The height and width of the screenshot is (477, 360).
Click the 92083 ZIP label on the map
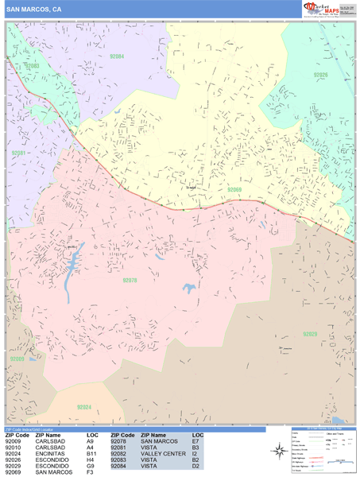pos(32,66)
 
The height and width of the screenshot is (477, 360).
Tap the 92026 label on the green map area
pos(320,75)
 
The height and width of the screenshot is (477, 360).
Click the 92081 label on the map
pos(19,153)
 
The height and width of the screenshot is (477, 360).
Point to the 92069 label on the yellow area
pos(234,190)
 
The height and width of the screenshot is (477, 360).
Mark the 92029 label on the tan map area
pos(309,334)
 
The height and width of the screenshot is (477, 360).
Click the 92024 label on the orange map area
pos(84,407)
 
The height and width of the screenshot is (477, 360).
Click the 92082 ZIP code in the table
pos(121,455)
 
